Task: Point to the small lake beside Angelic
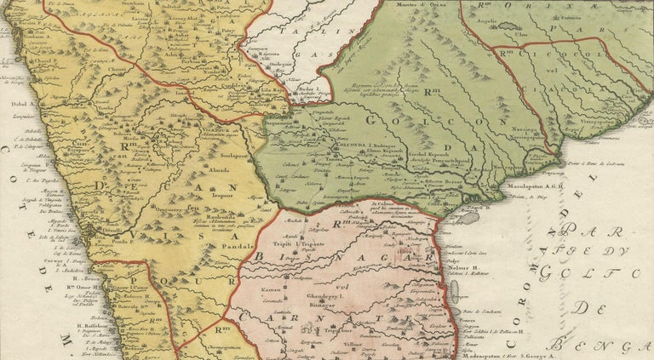pos(508,26)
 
